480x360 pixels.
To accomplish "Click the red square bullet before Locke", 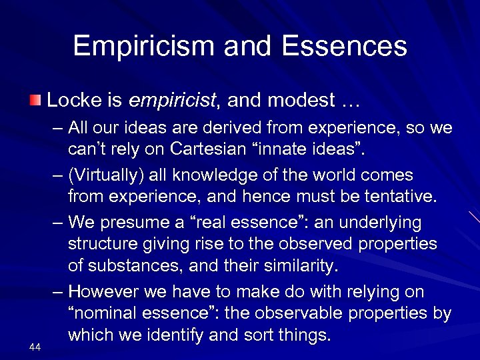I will pyautogui.click(x=35, y=101).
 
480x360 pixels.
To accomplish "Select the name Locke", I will pyautogui.click(x=71, y=100).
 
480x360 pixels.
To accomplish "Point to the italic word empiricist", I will pyautogui.click(x=172, y=101).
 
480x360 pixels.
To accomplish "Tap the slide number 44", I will pyautogui.click(x=35, y=345).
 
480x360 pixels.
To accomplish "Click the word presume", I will pyautogui.click(x=133, y=222).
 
